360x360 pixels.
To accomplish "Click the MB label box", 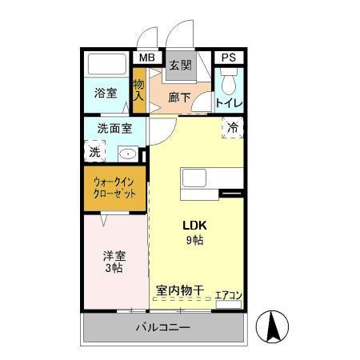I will [146, 58].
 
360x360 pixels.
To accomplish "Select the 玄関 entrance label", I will [180, 66].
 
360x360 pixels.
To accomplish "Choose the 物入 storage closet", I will [138, 90].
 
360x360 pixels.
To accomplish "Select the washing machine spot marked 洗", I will [94, 150].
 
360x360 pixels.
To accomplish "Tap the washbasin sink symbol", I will [127, 152].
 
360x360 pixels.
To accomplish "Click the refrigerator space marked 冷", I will [233, 127].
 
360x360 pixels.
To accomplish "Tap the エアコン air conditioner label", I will [229, 295].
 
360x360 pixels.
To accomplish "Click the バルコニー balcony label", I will [162, 328].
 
